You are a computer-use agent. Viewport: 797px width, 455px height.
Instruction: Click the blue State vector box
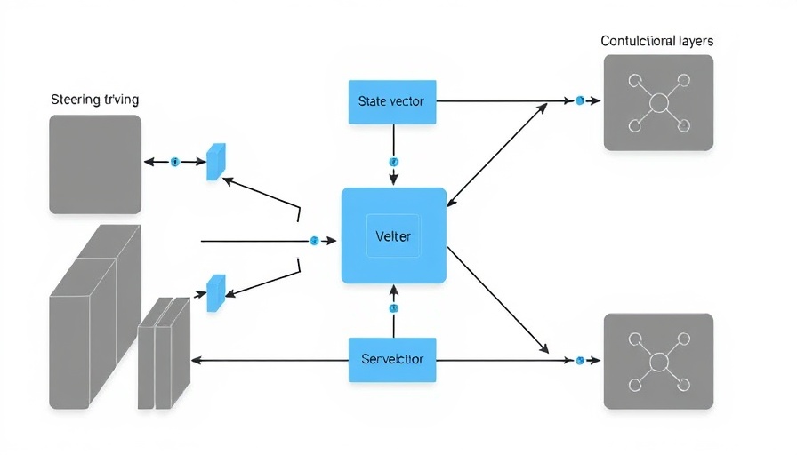coord(390,101)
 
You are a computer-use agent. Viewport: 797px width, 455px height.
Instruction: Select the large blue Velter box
coord(393,235)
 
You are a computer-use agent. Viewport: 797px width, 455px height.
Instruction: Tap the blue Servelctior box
coord(391,359)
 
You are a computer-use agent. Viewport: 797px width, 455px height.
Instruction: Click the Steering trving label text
coord(95,100)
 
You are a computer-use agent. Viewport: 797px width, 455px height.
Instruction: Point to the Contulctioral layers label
coord(656,41)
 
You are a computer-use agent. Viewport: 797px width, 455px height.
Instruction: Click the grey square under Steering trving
coord(95,164)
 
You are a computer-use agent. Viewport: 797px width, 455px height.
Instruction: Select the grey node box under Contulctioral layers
coord(658,102)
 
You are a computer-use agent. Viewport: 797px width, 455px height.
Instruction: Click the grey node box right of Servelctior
coord(658,361)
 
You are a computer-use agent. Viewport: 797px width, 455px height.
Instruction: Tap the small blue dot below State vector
coord(393,162)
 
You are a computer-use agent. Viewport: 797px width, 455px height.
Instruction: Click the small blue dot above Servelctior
coord(393,308)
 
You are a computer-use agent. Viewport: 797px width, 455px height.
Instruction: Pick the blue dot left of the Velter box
coord(314,241)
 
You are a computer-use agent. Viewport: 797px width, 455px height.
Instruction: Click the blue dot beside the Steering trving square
coord(174,162)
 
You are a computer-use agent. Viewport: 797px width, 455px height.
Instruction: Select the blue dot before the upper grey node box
coord(580,100)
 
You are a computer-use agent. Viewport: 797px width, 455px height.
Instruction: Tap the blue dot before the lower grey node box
coord(580,360)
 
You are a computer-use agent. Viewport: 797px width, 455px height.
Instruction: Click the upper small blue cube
coord(215,162)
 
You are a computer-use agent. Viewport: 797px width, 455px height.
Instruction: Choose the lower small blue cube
coord(215,292)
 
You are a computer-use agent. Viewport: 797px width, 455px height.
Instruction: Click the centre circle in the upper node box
coord(658,103)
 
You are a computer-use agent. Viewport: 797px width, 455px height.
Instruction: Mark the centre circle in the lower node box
coord(658,362)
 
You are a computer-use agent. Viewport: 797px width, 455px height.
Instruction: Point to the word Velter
coord(393,236)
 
